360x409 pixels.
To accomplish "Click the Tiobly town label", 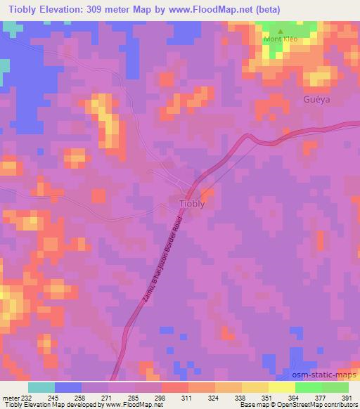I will [192, 204].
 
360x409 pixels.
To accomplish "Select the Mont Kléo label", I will [281, 39].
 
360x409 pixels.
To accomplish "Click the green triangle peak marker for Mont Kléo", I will [281, 32].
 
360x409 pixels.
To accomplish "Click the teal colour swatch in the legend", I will [41, 387].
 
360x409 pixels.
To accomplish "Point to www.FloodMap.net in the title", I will [239, 9].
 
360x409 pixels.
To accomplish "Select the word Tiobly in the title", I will [27, 9].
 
